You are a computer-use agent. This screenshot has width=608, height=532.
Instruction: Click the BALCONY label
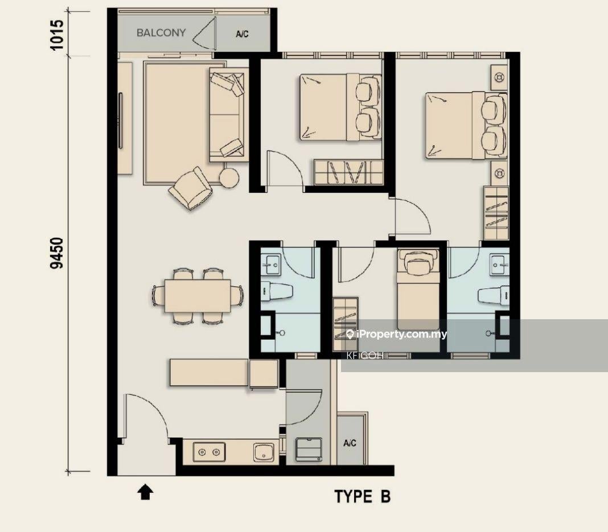point(161,33)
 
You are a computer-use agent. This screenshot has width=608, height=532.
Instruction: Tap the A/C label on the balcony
point(242,34)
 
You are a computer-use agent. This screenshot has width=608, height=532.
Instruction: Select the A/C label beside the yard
point(350,443)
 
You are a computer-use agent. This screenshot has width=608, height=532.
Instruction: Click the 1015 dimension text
point(56,35)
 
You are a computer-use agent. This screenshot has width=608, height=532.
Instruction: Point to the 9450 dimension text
point(56,253)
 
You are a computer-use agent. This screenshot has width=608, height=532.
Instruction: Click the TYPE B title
point(363,496)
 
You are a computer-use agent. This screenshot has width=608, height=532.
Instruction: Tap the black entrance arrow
point(145,492)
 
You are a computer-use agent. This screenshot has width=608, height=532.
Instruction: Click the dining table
point(198,296)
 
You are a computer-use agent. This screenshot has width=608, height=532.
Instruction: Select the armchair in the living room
point(191,188)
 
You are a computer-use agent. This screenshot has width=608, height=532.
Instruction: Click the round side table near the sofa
point(229,178)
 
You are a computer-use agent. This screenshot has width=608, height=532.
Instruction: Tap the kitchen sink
point(264,452)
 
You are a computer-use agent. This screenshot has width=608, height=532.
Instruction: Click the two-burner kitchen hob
point(209,452)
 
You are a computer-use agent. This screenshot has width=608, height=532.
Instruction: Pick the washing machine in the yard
point(309,449)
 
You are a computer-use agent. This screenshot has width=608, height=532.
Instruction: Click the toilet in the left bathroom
point(276,292)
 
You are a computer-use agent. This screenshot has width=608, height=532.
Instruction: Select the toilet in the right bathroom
point(493,296)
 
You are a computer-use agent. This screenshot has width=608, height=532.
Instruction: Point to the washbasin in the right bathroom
point(499,265)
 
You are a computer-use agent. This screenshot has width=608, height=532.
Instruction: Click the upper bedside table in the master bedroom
point(499,77)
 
